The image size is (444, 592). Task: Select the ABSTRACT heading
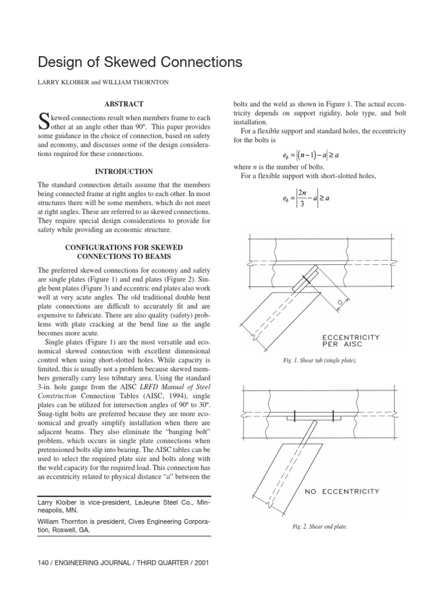pos(124,104)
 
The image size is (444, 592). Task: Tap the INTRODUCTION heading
pos(124,172)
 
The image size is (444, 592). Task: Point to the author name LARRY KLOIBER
pos(60,83)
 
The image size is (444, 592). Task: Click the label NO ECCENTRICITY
pos(342,491)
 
